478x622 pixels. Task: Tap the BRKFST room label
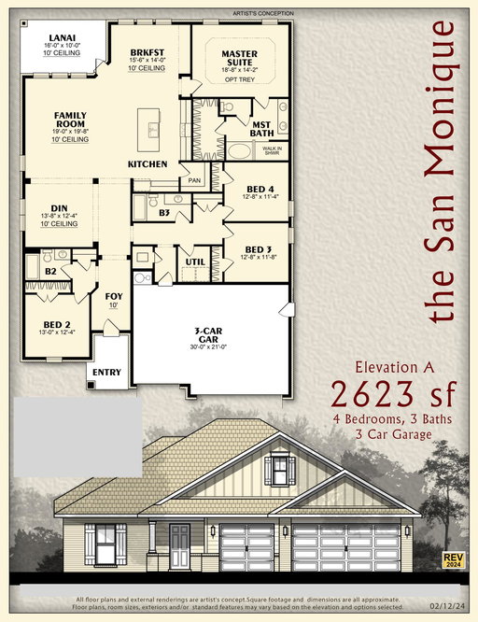coord(148,52)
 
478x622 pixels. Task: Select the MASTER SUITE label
coord(239,58)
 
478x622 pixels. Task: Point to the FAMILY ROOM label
coord(71,119)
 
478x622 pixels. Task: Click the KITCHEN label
coord(148,164)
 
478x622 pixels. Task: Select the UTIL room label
coord(195,262)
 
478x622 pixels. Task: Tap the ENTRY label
coord(107,373)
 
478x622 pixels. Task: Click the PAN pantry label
coord(195,179)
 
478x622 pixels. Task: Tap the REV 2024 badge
coord(454,560)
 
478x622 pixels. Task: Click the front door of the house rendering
coord(180,541)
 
